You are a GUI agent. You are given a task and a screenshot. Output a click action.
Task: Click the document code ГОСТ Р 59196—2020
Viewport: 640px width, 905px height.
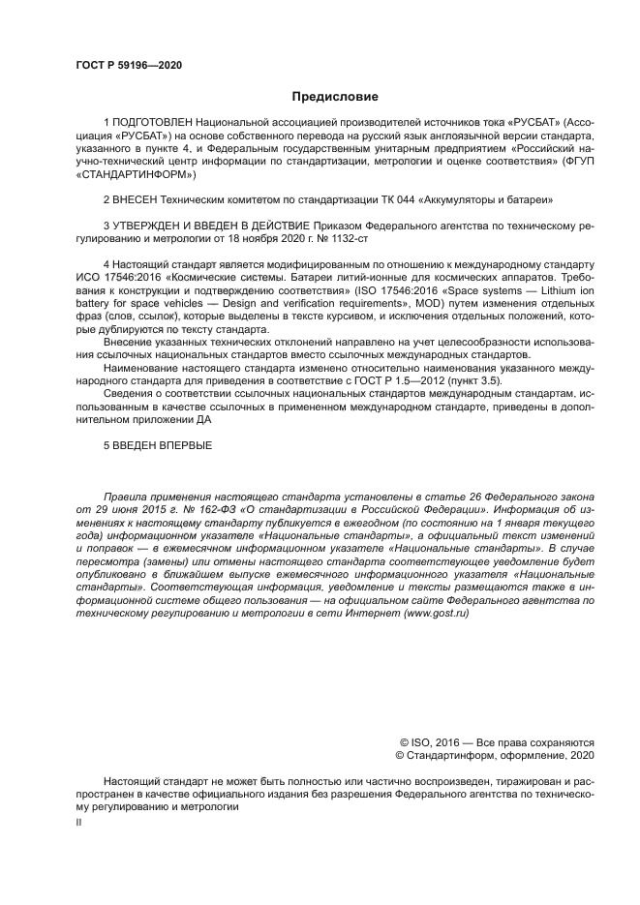coord(129,65)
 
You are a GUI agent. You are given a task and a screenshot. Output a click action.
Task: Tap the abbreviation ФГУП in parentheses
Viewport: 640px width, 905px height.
coord(577,163)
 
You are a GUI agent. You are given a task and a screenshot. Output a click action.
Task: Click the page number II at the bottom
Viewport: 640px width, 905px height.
coord(79,821)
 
